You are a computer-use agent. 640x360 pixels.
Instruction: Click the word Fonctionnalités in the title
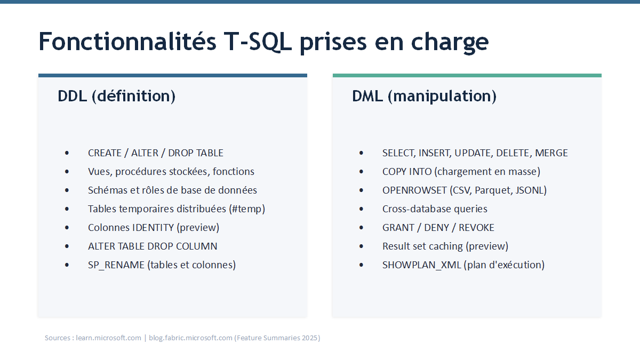127,42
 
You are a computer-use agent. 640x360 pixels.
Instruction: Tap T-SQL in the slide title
258,42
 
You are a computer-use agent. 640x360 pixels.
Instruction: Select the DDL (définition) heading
117,96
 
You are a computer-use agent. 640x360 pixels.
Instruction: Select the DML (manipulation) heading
425,96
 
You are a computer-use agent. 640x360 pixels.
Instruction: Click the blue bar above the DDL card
173,75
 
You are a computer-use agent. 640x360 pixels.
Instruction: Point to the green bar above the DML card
467,75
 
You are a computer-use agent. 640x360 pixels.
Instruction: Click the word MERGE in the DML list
551,153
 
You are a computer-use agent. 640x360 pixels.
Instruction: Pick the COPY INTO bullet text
461,171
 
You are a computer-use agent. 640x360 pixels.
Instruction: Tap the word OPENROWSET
414,190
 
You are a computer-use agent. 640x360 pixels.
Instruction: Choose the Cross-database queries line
435,209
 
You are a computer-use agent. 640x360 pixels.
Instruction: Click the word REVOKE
476,228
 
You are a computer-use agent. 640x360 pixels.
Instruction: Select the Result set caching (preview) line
445,246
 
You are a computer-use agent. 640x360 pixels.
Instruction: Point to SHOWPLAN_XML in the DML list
422,265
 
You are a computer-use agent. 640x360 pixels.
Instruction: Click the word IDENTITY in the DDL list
153,228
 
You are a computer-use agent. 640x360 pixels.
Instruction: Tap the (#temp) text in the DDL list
247,209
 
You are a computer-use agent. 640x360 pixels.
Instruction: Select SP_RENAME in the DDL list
116,265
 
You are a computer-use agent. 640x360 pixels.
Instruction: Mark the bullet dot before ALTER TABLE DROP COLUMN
67,246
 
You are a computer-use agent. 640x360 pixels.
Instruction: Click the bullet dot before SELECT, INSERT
361,153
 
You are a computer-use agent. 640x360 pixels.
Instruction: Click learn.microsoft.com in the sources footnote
109,338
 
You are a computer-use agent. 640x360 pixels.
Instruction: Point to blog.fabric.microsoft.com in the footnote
190,338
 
